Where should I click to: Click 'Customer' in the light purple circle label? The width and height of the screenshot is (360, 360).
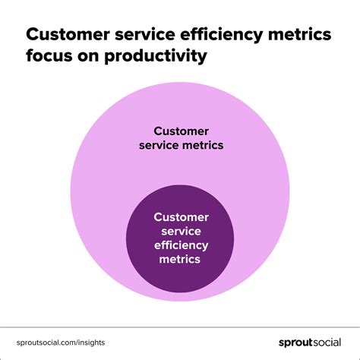click(x=181, y=130)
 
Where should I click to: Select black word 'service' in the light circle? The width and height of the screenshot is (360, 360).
click(x=163, y=144)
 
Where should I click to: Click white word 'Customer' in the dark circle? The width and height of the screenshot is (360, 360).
click(x=181, y=217)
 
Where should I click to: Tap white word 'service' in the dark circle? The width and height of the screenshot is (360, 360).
click(x=181, y=231)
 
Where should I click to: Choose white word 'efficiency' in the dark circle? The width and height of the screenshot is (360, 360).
click(x=181, y=245)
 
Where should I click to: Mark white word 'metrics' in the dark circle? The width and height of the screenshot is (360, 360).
click(x=181, y=259)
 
